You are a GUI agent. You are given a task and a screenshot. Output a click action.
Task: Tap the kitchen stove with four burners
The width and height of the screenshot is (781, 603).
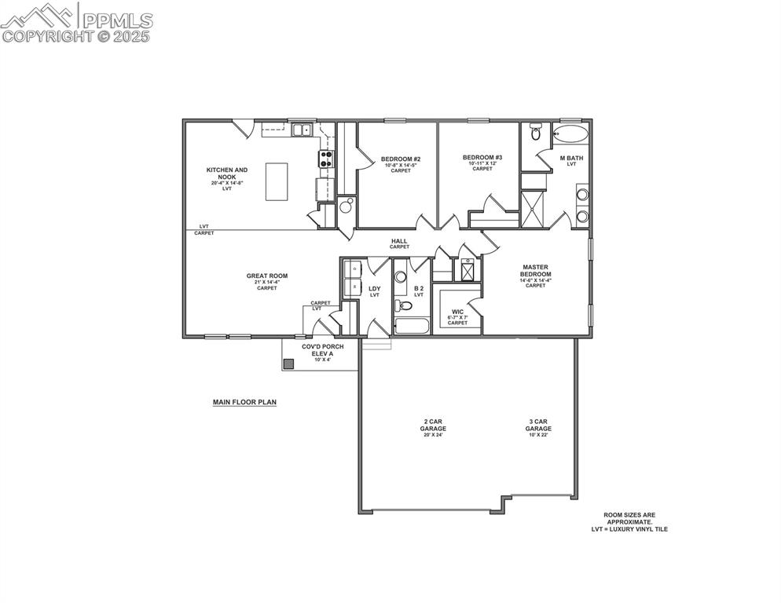326,159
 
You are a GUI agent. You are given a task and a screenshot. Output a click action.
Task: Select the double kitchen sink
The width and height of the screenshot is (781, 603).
302,130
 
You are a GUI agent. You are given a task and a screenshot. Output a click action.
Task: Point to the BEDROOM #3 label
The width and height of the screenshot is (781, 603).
482,158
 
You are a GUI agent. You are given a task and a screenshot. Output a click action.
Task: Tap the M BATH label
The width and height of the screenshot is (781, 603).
571,159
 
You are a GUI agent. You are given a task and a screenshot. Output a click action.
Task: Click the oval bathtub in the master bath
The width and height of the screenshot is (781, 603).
570,133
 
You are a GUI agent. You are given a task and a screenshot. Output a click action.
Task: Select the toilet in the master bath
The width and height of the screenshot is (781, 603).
536,133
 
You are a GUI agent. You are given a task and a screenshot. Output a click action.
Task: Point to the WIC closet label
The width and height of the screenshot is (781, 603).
457,312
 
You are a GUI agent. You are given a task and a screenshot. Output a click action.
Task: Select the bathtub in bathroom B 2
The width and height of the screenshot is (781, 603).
412,326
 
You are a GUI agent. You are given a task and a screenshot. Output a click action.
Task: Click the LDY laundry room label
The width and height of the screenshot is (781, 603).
375,289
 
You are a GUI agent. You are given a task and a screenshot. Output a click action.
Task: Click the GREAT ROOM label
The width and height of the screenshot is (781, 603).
267,276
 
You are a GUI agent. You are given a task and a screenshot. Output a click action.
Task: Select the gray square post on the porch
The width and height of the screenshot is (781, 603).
288,364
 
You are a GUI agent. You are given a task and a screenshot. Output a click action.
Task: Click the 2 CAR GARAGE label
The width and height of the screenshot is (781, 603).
434,425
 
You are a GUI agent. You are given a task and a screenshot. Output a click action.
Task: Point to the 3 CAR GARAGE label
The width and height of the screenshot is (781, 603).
538,425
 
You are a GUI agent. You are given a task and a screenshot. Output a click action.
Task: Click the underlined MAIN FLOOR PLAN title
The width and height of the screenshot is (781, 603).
244,402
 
